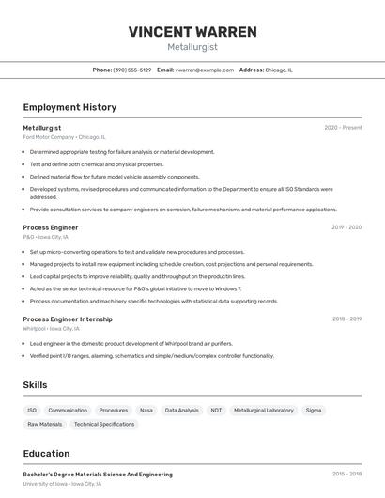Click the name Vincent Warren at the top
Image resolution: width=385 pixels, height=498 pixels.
click(192, 31)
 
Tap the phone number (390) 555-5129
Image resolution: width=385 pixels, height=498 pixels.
click(132, 70)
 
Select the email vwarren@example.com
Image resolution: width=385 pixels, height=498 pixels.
click(204, 70)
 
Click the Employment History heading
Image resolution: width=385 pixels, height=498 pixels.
click(69, 108)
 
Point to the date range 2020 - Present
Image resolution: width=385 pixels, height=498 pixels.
click(343, 128)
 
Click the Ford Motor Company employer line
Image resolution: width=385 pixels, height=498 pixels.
click(64, 137)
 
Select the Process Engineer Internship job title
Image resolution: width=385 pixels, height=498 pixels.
click(67, 319)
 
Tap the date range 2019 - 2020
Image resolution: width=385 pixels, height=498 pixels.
click(346, 227)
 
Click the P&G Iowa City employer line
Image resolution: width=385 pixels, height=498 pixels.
click(46, 237)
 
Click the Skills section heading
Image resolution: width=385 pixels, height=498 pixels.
click(36, 385)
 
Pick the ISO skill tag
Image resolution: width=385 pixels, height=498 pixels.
click(32, 411)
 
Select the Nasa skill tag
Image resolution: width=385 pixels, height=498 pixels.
click(146, 411)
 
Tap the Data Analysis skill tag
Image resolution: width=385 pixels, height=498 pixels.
click(182, 411)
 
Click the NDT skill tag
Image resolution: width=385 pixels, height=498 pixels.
click(217, 411)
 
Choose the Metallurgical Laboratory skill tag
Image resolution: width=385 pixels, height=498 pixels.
click(264, 411)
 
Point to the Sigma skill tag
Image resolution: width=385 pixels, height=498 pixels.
click(314, 411)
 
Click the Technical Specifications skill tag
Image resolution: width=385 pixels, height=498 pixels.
click(104, 425)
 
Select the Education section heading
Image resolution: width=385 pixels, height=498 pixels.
click(47, 454)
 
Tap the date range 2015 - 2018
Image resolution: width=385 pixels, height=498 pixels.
click(346, 475)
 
